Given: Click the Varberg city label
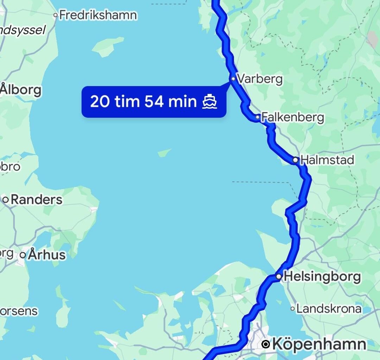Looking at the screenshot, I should pyautogui.click(x=260, y=79).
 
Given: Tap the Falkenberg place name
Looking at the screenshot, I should pyautogui.click(x=293, y=117).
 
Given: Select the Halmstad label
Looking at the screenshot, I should pyautogui.click(x=328, y=160).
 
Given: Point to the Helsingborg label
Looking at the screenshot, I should pyautogui.click(x=322, y=277).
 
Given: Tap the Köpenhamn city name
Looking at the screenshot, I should pyautogui.click(x=319, y=344).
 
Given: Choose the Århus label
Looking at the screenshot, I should pyautogui.click(x=47, y=255).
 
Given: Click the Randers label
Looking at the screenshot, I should pyautogui.click(x=36, y=200).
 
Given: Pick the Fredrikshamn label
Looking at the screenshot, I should pyautogui.click(x=98, y=15).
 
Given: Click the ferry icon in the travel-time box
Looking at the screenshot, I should pyautogui.click(x=210, y=102).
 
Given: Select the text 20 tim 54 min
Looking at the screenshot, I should pyautogui.click(x=143, y=102).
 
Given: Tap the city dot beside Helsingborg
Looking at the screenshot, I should pyautogui.click(x=278, y=277).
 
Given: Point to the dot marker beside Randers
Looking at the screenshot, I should pyautogui.click(x=6, y=200).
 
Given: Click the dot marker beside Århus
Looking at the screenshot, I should pyautogui.click(x=23, y=255).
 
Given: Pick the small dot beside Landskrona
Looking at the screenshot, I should pyautogui.click(x=292, y=309).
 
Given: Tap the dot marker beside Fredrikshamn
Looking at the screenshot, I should pyautogui.click(x=55, y=15).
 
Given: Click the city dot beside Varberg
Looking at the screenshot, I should pyautogui.click(x=233, y=79).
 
